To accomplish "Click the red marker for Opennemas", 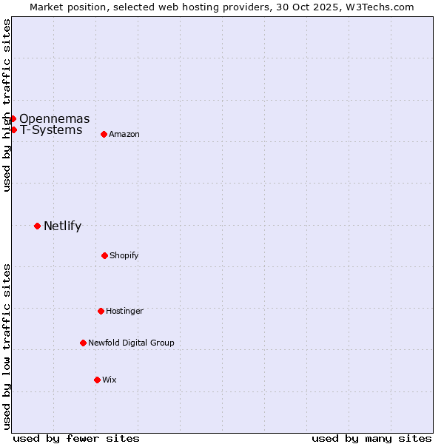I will (13, 118).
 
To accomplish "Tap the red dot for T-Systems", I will (13, 130).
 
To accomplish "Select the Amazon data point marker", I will (104, 134).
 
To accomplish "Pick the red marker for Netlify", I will (37, 226).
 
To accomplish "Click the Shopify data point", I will (104, 255).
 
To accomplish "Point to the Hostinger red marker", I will (101, 311).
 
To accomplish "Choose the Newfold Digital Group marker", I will (83, 343).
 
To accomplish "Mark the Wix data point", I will (97, 380).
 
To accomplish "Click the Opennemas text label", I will (54, 118).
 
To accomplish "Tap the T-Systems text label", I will (51, 130).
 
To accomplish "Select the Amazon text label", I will (124, 134).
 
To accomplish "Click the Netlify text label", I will (62, 226).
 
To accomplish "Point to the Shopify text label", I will (124, 256).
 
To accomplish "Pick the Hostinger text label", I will (124, 311).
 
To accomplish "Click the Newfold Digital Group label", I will (131, 343).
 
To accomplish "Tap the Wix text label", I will (110, 380).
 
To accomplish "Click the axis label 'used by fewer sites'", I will (76, 438).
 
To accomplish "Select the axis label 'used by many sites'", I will (371, 438).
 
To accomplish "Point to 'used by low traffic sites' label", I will (7, 346).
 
